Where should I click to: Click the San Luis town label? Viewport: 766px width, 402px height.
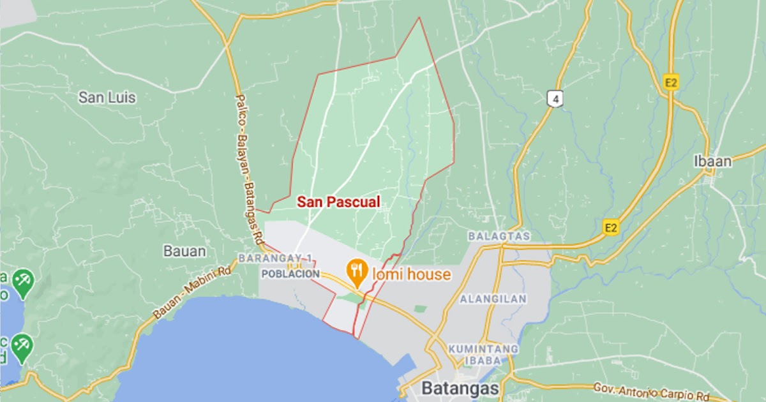(107, 98)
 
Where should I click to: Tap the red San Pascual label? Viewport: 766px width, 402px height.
(338, 202)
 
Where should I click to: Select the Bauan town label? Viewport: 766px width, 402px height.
(184, 251)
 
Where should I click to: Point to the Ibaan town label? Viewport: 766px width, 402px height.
(712, 161)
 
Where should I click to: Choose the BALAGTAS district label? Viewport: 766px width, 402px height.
(499, 236)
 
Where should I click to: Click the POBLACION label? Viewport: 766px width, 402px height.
(290, 274)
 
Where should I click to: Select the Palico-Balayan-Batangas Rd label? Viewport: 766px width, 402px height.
(250, 169)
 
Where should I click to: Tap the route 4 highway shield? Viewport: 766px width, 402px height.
(556, 98)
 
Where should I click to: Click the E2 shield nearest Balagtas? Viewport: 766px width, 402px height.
(612, 227)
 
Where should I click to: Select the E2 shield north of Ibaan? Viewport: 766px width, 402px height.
(670, 82)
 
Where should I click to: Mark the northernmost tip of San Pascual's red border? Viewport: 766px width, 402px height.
(419, 17)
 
